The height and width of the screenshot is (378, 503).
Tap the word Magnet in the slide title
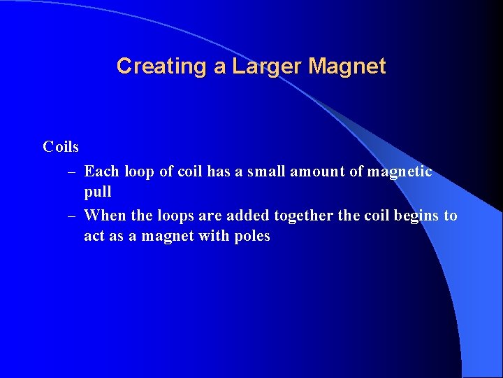[347, 66]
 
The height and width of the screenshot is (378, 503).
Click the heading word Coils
[61, 147]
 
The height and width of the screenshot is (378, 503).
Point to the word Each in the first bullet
[101, 171]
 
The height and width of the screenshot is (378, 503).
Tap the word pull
[98, 192]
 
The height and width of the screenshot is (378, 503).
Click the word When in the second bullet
[104, 216]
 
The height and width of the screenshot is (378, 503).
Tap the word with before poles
[211, 236]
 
